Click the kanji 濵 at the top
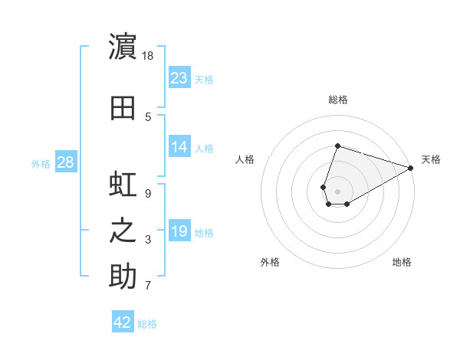click(123, 46)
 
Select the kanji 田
click(123, 108)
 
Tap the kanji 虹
click(123, 184)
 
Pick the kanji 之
click(123, 231)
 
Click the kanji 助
click(123, 276)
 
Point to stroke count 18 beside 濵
click(147, 56)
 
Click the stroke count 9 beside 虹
click(148, 194)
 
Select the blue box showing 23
click(179, 77)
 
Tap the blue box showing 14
click(179, 146)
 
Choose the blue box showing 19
click(179, 230)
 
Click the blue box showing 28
click(66, 162)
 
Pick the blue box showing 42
click(123, 321)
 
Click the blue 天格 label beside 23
click(204, 80)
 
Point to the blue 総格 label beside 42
click(147, 324)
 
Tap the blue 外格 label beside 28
click(41, 164)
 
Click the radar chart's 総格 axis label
click(338, 100)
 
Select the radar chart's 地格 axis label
click(402, 262)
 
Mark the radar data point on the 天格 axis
click(411, 168)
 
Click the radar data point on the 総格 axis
click(337, 146)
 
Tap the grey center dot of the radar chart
click(337, 191)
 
